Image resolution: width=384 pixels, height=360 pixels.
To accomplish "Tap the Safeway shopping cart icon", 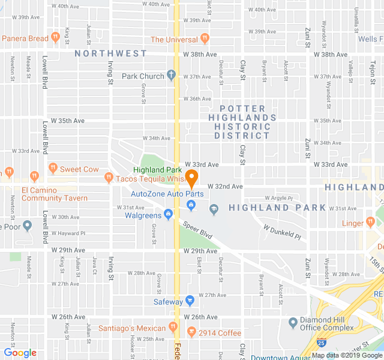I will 190,301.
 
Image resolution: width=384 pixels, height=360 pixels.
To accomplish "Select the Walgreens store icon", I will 169,214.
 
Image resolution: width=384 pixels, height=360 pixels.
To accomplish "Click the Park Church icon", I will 171,76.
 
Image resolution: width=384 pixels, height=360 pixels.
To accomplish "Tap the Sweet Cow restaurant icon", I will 52,169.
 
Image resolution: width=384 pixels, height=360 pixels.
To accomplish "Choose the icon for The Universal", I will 205,38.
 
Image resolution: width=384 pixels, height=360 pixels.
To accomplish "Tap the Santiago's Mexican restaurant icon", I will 173,327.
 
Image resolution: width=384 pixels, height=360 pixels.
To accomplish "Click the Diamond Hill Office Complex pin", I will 293,323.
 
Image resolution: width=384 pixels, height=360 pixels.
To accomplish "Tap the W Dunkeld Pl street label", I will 282,232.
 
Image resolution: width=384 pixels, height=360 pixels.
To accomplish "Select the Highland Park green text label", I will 157,170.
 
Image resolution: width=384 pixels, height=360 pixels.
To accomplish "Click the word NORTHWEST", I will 111,53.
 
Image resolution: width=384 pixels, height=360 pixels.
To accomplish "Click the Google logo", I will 20,353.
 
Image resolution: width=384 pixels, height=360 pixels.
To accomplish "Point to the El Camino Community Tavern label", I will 55,194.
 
